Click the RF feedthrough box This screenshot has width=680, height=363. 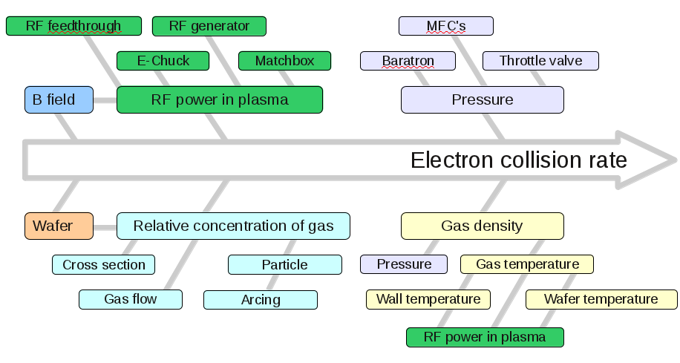coord(73,26)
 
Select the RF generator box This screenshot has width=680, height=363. coord(209,26)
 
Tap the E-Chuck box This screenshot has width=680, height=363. coord(163,61)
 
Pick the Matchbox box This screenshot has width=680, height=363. coord(284,61)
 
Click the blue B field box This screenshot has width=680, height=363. coord(59,99)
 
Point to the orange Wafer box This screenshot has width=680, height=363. coord(59,226)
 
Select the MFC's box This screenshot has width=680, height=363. coord(445,26)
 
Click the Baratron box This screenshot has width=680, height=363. coord(408,61)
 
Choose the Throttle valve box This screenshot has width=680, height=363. coord(540,61)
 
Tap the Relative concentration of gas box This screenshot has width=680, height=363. coord(233,226)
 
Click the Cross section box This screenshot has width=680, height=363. coord(103,264)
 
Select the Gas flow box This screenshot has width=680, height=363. coord(131,299)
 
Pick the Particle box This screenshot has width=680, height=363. coord(284,264)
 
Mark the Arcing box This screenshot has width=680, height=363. coord(261,300)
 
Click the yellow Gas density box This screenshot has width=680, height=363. coord(482,226)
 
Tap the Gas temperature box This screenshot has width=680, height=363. coord(527,264)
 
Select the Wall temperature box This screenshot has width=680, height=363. coord(428,299)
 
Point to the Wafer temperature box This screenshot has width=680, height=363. coord(601,299)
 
